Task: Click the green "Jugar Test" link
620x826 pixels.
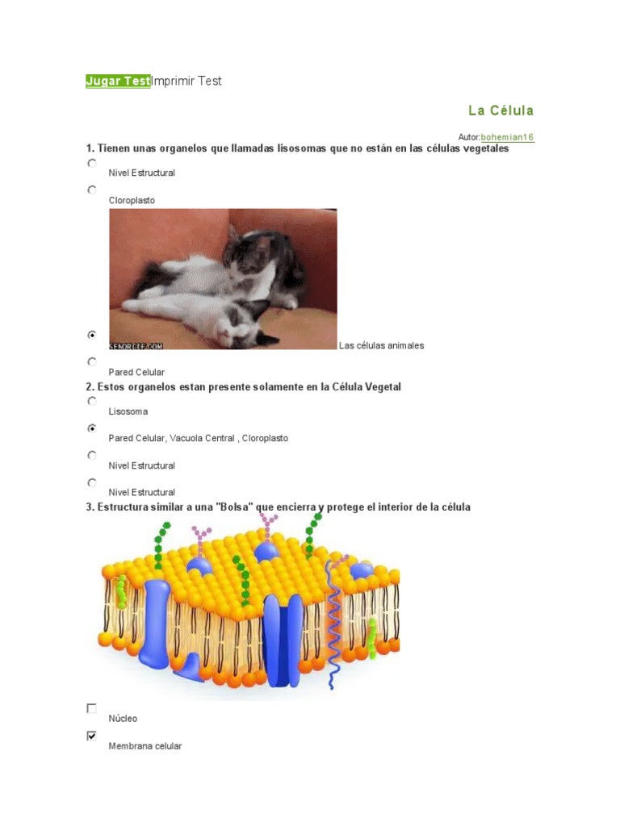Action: point(118,81)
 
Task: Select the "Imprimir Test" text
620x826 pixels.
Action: point(186,81)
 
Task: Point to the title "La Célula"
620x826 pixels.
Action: point(501,111)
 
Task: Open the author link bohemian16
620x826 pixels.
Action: point(507,137)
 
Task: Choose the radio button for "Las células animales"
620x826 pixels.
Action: point(92,334)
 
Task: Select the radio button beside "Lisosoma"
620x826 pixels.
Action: point(92,400)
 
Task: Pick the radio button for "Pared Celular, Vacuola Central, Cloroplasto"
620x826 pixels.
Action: point(92,428)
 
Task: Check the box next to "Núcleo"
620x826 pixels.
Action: point(92,708)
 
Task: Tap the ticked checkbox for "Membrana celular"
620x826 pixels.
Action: point(92,736)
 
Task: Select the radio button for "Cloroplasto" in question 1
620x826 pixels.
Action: point(92,190)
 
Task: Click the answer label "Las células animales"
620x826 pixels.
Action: point(381,345)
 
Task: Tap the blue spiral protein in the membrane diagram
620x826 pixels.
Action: point(332,621)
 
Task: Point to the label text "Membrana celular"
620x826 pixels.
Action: point(145,746)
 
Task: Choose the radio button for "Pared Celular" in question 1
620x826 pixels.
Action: point(92,361)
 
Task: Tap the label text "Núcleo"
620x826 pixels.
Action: point(123,718)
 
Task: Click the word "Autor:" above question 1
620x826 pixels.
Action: point(468,138)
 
